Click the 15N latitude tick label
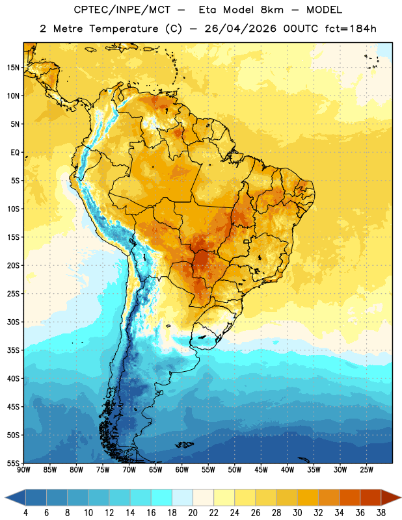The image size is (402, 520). click(13, 68)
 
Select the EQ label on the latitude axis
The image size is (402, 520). click(15, 153)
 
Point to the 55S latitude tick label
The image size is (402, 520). click(13, 463)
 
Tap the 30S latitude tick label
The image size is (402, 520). click(13, 322)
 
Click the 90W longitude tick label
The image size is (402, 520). click(23, 469)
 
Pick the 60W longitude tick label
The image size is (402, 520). click(182, 469)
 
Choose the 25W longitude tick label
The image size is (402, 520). click(366, 469)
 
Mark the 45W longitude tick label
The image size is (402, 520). click(261, 469)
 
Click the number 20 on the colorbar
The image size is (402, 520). click(193, 513)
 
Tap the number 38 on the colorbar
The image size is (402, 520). click(381, 513)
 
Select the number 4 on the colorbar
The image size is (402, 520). click(25, 513)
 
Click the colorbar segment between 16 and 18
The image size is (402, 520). click(161, 497)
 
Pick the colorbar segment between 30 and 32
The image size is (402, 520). click(308, 497)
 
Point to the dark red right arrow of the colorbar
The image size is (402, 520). click(391, 497)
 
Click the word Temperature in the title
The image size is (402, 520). click(124, 29)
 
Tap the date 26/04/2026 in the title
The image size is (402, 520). click(240, 29)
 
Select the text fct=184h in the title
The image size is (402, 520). click(351, 29)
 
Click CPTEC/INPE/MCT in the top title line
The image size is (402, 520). click(122, 10)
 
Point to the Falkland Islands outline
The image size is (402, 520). click(184, 445)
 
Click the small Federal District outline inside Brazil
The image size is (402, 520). click(247, 241)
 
